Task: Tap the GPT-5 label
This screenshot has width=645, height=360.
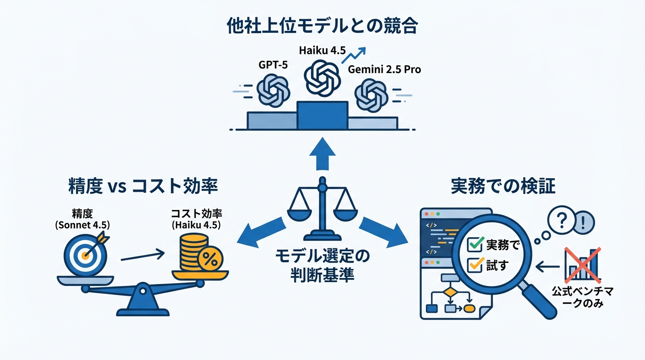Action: (273, 66)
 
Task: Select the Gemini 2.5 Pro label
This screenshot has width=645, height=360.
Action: (384, 70)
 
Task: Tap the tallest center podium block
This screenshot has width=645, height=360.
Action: (322, 115)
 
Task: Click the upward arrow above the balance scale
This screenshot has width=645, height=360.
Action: (322, 154)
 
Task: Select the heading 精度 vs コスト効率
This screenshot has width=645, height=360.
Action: (142, 187)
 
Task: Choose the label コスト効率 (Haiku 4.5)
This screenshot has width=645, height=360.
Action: (196, 219)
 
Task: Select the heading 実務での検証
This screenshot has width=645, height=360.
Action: (502, 187)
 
